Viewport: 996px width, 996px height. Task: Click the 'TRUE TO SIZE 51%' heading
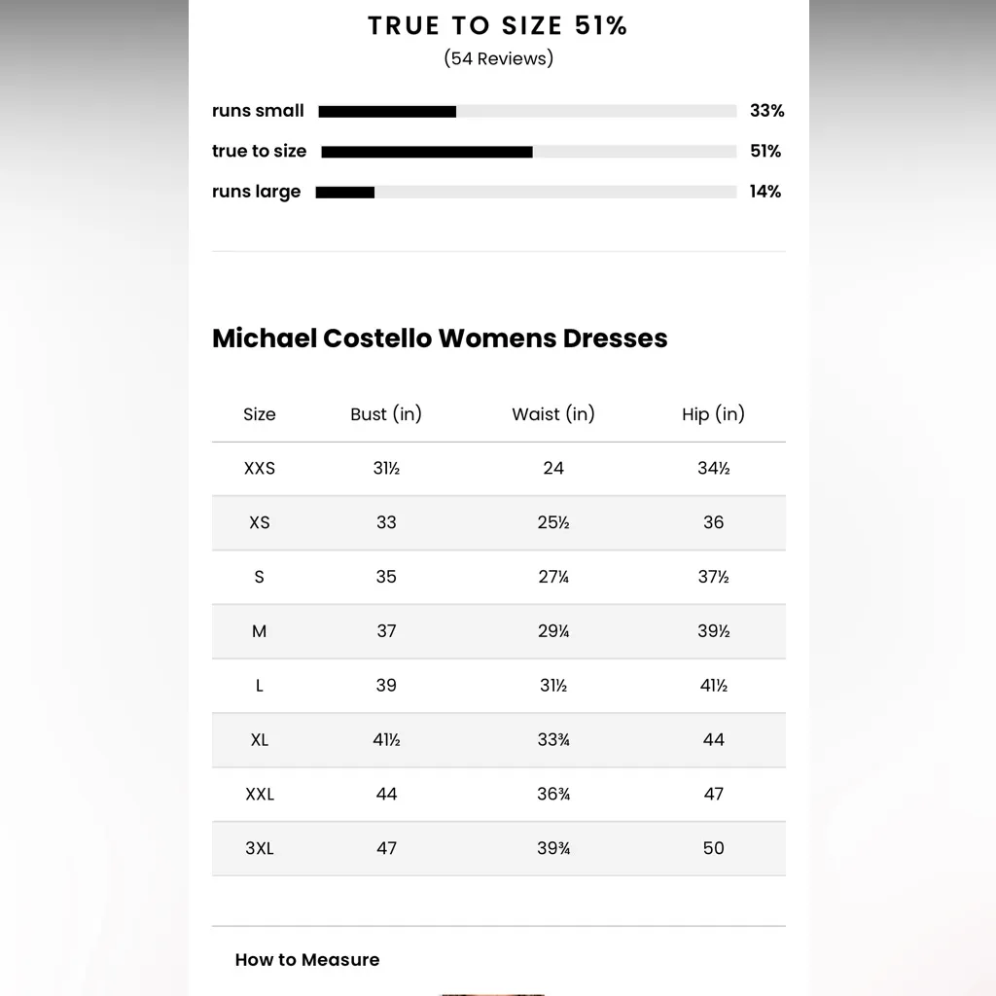click(x=497, y=26)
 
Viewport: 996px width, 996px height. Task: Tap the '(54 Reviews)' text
click(x=498, y=58)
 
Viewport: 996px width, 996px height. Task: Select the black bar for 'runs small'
click(x=387, y=112)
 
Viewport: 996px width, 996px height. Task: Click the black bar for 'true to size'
click(x=427, y=152)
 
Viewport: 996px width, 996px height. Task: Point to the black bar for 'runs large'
click(x=345, y=193)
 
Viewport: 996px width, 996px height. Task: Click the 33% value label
click(x=766, y=111)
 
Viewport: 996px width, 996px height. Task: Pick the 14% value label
click(x=765, y=192)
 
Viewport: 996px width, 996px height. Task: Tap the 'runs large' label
click(x=257, y=192)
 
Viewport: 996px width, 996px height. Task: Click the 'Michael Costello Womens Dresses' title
click(x=440, y=338)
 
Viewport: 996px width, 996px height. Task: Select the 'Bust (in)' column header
click(x=386, y=414)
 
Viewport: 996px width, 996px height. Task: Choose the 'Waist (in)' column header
click(x=552, y=414)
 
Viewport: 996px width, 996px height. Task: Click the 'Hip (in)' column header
click(x=713, y=414)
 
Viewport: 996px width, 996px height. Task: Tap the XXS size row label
click(x=260, y=469)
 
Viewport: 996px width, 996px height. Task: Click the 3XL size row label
click(x=260, y=848)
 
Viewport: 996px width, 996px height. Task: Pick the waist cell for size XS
click(x=553, y=522)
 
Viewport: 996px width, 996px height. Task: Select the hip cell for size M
click(x=713, y=631)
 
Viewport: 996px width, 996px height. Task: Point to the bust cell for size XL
click(x=386, y=740)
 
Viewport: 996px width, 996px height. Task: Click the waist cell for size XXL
click(x=553, y=795)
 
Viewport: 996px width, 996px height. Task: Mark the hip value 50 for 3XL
click(x=714, y=848)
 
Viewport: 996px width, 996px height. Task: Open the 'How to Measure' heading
click(x=307, y=960)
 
